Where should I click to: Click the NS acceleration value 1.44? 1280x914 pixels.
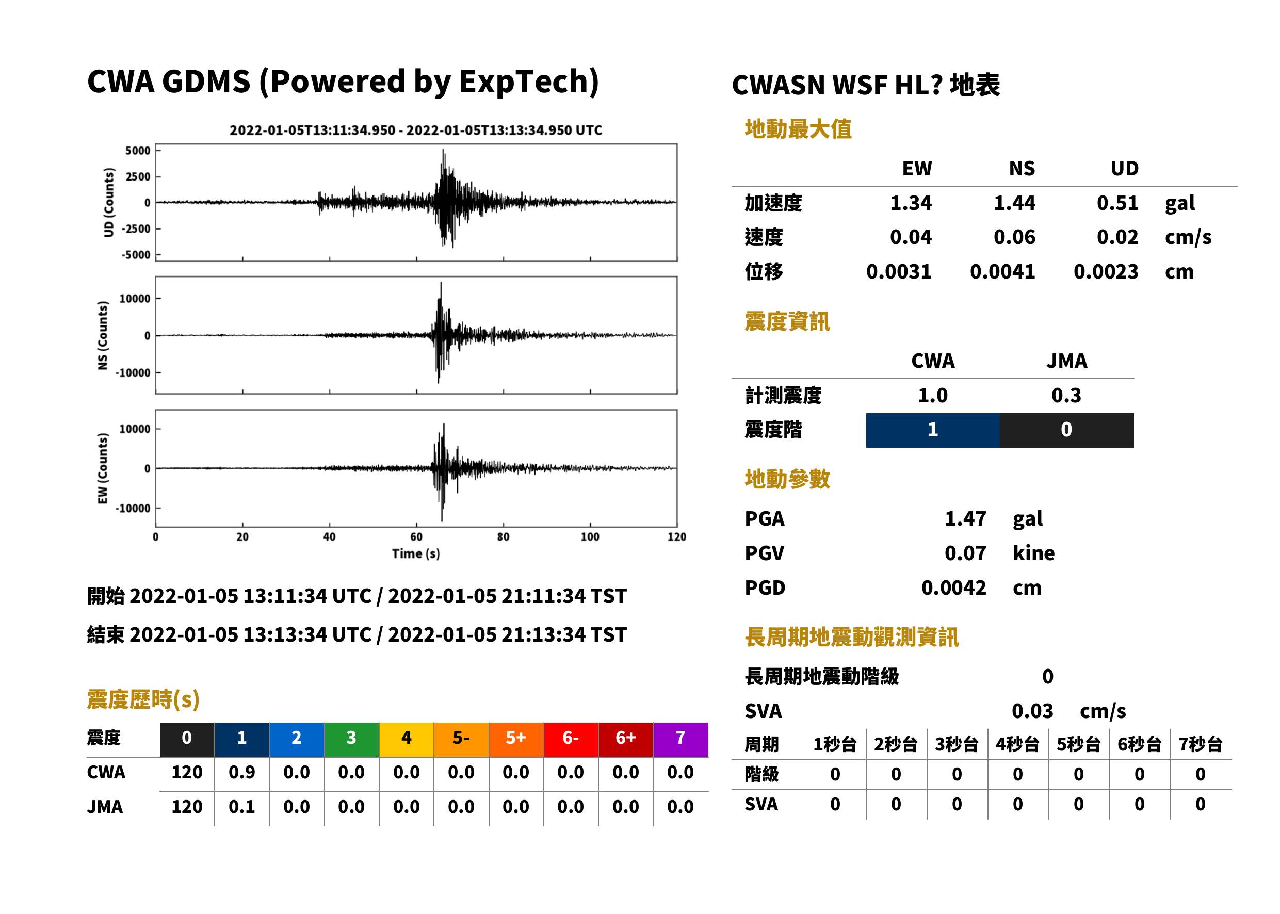pos(1014,203)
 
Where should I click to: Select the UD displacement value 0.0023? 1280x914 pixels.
pos(1106,272)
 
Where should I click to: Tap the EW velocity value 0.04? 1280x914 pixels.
pos(910,237)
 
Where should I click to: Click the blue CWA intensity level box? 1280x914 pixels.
pos(932,430)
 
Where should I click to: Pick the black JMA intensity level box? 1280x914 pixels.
pos(1067,430)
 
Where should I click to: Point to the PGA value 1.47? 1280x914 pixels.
pos(965,518)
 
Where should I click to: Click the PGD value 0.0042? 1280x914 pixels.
pos(953,587)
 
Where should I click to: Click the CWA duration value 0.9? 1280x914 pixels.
pos(241,772)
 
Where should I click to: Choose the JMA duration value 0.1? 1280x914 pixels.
pos(241,807)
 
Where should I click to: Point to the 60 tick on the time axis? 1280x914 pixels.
pos(416,537)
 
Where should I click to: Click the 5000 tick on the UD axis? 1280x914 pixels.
pos(138,150)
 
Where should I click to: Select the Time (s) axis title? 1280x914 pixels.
pos(416,554)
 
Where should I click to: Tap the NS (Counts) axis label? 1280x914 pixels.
pos(103,335)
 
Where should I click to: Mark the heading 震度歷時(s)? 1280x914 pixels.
pos(143,699)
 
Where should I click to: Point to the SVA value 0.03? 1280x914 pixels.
pos(1032,711)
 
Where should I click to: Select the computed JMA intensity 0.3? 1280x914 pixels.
pos(1066,395)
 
